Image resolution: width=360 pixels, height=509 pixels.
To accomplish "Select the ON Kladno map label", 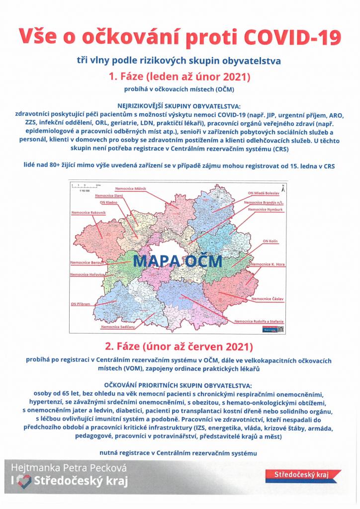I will tap(109, 203).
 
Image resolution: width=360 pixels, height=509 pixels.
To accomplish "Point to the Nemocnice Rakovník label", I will tap(88, 213).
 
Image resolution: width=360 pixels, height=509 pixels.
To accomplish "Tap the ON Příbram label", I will tap(83, 303).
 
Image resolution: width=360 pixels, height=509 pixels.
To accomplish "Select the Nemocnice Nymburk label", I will tap(266, 210).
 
